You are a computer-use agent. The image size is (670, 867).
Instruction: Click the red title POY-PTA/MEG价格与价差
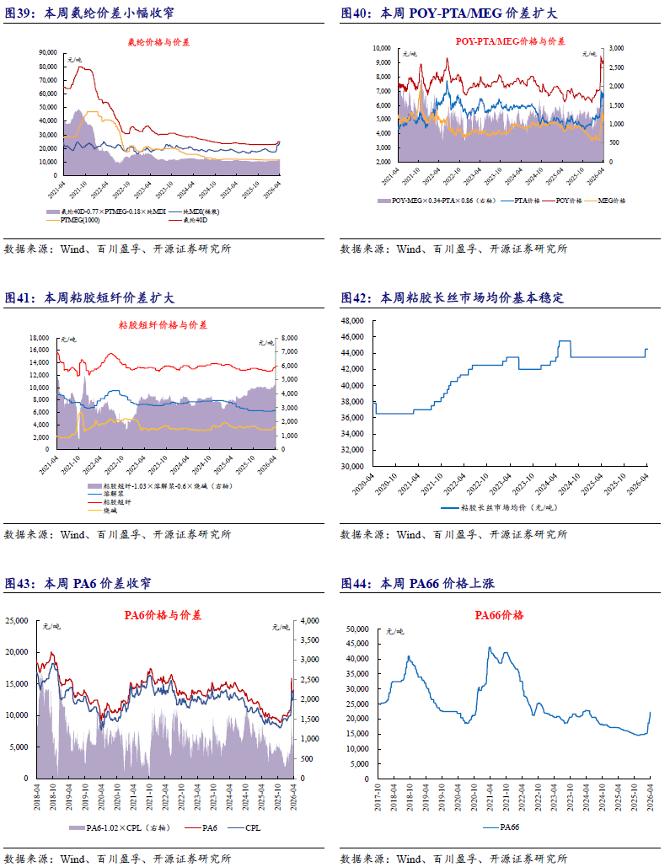click(x=499, y=40)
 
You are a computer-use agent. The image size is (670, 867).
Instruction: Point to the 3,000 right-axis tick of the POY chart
click(x=616, y=48)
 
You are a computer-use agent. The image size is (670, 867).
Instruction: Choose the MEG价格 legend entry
click(x=608, y=201)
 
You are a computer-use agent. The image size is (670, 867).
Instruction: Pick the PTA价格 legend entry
click(x=523, y=201)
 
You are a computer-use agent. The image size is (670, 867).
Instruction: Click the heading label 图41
click(x=20, y=298)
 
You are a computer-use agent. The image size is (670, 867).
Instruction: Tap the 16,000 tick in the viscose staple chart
click(x=39, y=338)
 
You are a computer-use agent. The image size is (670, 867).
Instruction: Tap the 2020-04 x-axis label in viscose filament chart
click(x=376, y=487)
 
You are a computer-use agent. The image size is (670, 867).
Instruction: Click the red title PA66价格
click(x=500, y=615)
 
